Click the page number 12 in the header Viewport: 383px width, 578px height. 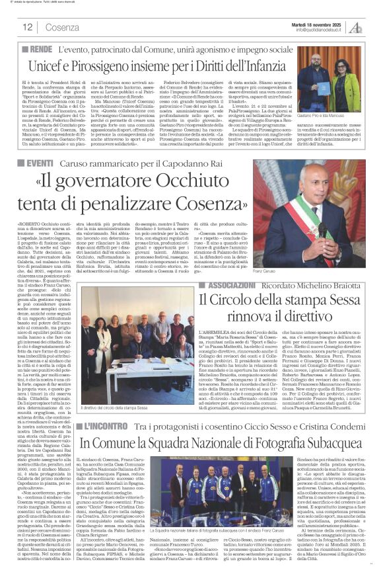coord(27,27)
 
